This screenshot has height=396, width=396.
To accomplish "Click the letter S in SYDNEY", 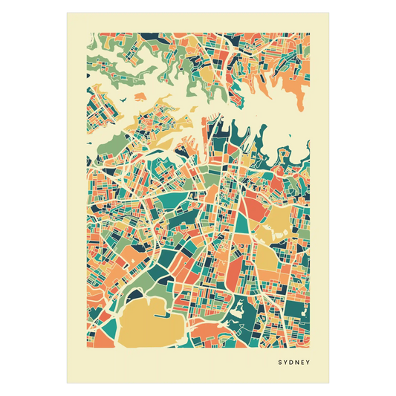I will (280, 363).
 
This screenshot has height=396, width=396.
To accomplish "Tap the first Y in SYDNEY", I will (286, 363).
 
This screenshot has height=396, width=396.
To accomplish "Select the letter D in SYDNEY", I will (293, 363).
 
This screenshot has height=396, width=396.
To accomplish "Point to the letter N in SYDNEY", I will (299, 363).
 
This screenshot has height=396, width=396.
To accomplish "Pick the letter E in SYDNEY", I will (305, 363).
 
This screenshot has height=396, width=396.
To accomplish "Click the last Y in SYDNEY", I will (311, 363).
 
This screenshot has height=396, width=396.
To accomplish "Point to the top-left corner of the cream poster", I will (66, 12).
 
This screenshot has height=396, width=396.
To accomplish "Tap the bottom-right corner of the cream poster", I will (329, 383).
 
